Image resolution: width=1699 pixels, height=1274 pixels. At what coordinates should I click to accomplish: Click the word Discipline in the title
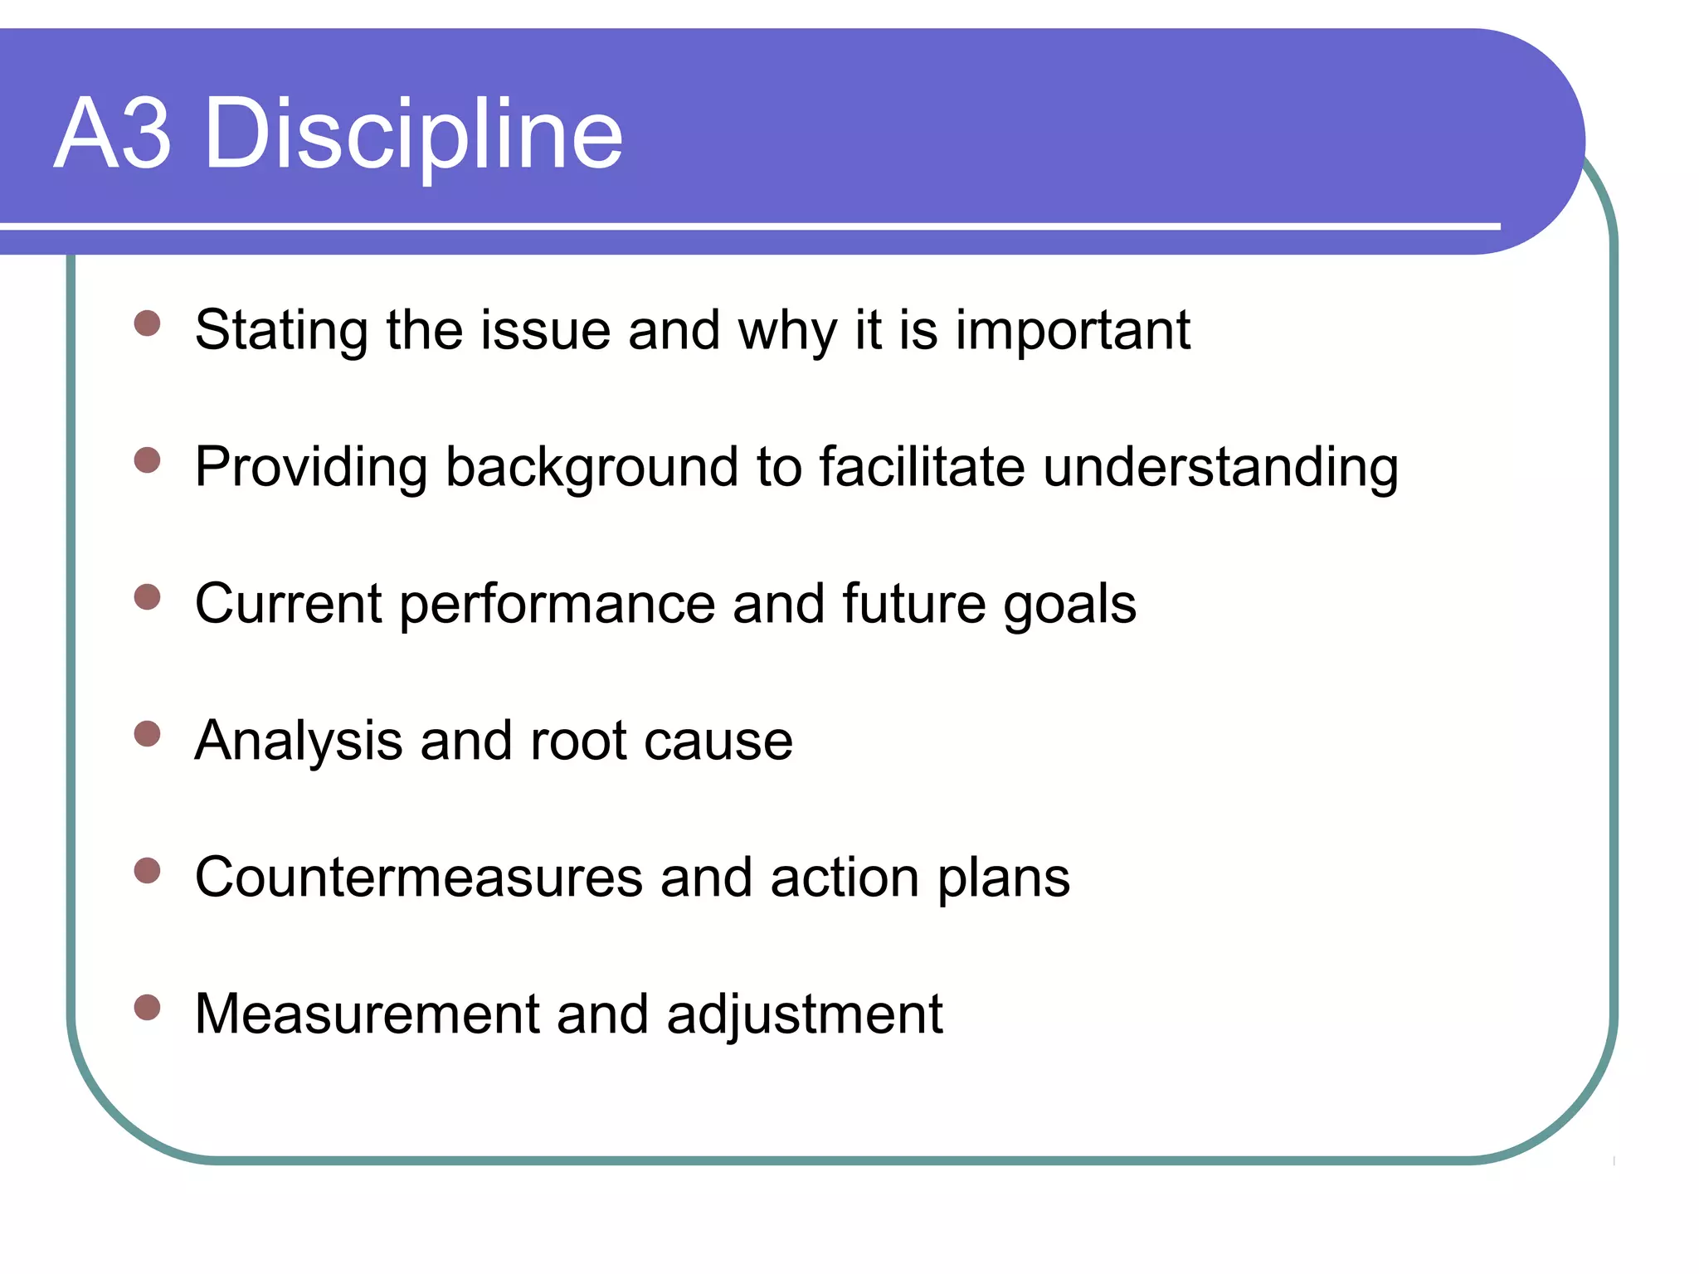pos(412,134)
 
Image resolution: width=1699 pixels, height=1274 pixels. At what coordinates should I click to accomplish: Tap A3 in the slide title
pos(113,134)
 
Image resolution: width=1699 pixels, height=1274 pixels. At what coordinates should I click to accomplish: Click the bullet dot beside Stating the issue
pos(147,323)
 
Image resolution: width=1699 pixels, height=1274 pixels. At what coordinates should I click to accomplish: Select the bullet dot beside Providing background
pos(147,460)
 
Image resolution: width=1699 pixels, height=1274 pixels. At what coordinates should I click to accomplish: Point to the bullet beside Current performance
pos(147,596)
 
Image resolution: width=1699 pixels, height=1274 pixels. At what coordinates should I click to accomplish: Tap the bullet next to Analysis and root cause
pos(147,733)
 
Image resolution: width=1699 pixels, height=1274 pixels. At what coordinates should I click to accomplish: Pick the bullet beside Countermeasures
pos(147,870)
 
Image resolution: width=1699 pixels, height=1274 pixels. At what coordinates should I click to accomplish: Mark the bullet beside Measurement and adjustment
pos(147,1007)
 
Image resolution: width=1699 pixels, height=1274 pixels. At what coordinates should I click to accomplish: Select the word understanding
pos(1220,467)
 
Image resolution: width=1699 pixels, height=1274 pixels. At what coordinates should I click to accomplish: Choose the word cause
pos(718,741)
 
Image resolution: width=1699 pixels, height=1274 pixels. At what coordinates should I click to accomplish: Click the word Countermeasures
pos(419,878)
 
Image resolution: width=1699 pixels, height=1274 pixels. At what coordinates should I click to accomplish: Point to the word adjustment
pos(804,1015)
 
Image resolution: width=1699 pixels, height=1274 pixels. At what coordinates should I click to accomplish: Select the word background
pos(591,467)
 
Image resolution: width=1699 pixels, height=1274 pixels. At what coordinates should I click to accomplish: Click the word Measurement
pos(368,1014)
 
